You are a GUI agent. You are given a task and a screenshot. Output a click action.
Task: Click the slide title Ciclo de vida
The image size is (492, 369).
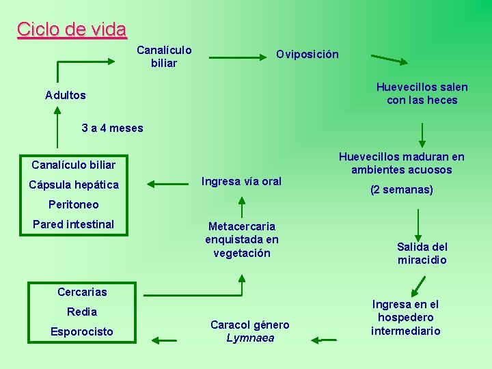[x=72, y=29]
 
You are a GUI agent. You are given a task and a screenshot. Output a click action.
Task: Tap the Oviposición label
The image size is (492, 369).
[x=307, y=55]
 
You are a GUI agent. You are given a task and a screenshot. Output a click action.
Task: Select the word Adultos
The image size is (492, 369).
[x=66, y=95]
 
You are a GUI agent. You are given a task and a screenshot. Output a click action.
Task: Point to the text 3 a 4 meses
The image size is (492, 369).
[x=112, y=128]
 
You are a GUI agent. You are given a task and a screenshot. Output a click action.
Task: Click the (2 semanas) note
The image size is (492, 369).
[x=401, y=189]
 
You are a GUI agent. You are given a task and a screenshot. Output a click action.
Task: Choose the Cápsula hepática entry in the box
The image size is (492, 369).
[x=74, y=184]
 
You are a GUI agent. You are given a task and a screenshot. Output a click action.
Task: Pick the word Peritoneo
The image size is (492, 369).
[x=74, y=204]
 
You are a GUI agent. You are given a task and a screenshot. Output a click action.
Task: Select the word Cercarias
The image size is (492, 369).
[x=82, y=292]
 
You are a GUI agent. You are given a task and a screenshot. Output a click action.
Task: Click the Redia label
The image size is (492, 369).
[x=82, y=312]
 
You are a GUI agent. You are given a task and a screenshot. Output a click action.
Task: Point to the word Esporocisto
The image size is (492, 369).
[x=82, y=331]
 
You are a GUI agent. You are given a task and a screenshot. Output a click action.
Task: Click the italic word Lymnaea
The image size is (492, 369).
[x=250, y=338]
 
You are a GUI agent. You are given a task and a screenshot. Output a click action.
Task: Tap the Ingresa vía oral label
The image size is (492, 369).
[x=241, y=181]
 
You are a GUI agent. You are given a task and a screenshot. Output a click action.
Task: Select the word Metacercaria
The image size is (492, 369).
[x=242, y=226]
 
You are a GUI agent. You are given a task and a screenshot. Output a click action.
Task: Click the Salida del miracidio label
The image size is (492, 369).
[x=422, y=253]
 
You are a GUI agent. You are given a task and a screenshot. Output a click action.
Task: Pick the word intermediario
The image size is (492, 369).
[x=406, y=331]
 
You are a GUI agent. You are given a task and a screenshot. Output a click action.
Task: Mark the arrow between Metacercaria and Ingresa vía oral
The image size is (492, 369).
[x=241, y=204]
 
